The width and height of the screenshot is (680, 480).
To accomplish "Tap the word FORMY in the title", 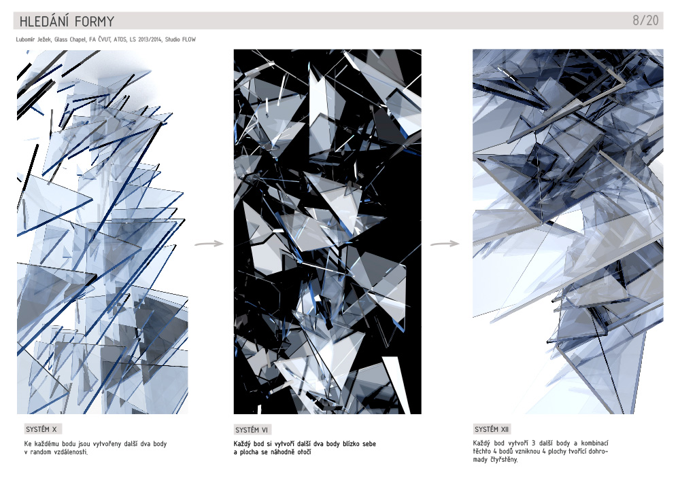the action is pos(95,21).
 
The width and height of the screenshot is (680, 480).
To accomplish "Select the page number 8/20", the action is pos(645,20).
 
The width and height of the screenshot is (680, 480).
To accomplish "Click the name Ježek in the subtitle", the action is pos(44,39).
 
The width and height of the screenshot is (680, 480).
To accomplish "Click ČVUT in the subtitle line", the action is pos(105,39).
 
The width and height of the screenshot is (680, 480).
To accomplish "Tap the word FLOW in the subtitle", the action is pos(188,39).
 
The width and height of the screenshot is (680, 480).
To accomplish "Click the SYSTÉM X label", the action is pos(41,429).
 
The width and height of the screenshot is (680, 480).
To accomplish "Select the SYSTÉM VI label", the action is pos(252,430).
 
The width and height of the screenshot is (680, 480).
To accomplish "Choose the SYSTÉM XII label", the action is pos(492,429).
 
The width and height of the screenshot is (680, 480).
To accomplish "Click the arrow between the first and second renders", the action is pos(209,244).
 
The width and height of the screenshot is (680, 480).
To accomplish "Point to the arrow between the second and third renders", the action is pos(445,244).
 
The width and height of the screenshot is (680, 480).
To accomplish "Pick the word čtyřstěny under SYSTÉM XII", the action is pos(504,460).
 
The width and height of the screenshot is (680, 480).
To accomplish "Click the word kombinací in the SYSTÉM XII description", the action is pos(594,443).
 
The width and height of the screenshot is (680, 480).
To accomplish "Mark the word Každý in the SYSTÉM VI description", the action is pos(242,444).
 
